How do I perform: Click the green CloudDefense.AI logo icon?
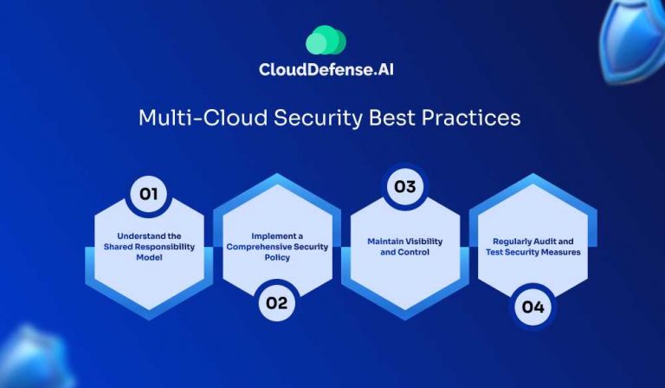point(326,41)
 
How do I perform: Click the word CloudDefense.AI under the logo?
point(332,70)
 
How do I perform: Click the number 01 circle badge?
point(148,194)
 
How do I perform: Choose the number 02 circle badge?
point(275,302)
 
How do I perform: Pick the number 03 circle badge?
point(404,187)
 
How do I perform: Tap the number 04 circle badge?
point(533,306)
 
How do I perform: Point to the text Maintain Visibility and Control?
point(405,247)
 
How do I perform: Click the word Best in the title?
point(390,118)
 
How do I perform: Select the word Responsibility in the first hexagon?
point(160,245)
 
